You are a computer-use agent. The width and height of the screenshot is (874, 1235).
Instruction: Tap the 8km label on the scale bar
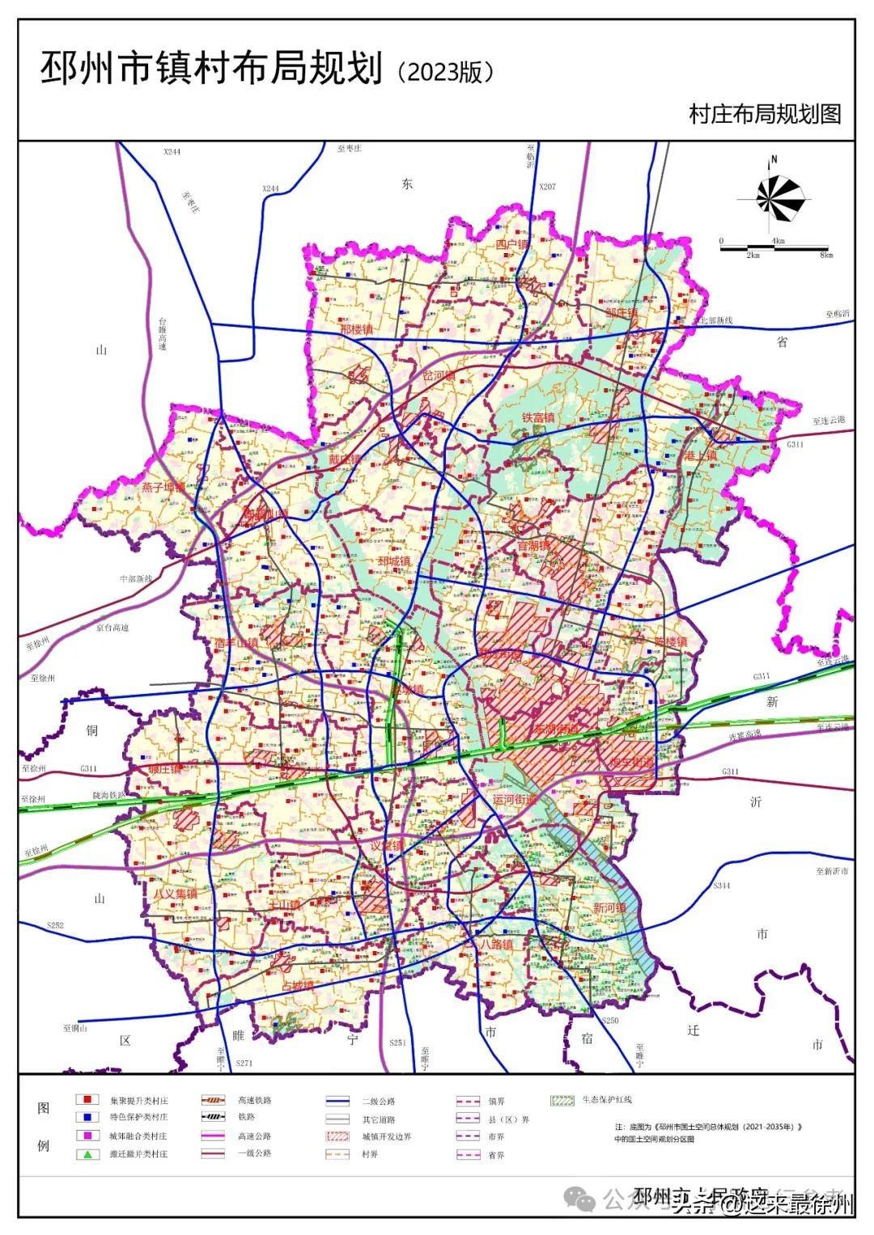pos(825,256)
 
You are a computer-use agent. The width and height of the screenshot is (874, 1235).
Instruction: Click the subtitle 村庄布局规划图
pos(765,113)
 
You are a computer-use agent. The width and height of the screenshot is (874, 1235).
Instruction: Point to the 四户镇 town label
pos(511,244)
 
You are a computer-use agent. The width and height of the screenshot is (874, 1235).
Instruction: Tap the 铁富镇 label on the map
pos(537,418)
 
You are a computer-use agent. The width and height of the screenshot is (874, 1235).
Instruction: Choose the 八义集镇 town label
pos(176,893)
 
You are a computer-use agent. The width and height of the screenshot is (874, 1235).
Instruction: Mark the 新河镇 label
pos(609,908)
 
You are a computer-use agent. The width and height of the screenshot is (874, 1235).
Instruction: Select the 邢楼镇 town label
pos(356,330)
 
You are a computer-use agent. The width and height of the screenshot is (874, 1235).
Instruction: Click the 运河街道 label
pos(515,799)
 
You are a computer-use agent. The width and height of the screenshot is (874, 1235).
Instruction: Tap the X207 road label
pos(548,187)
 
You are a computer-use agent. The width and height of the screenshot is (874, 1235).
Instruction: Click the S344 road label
pos(722,886)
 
